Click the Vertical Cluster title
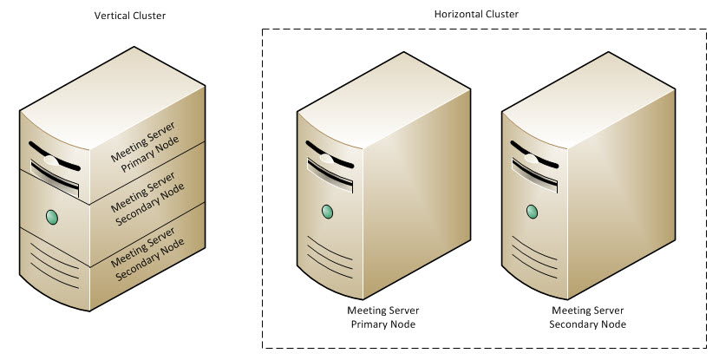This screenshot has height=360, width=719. pyautogui.click(x=130, y=16)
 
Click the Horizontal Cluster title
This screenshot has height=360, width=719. pyautogui.click(x=475, y=15)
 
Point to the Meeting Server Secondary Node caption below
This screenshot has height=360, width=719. pyautogui.click(x=587, y=317)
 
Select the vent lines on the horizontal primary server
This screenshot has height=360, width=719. pyautogui.click(x=329, y=260)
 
